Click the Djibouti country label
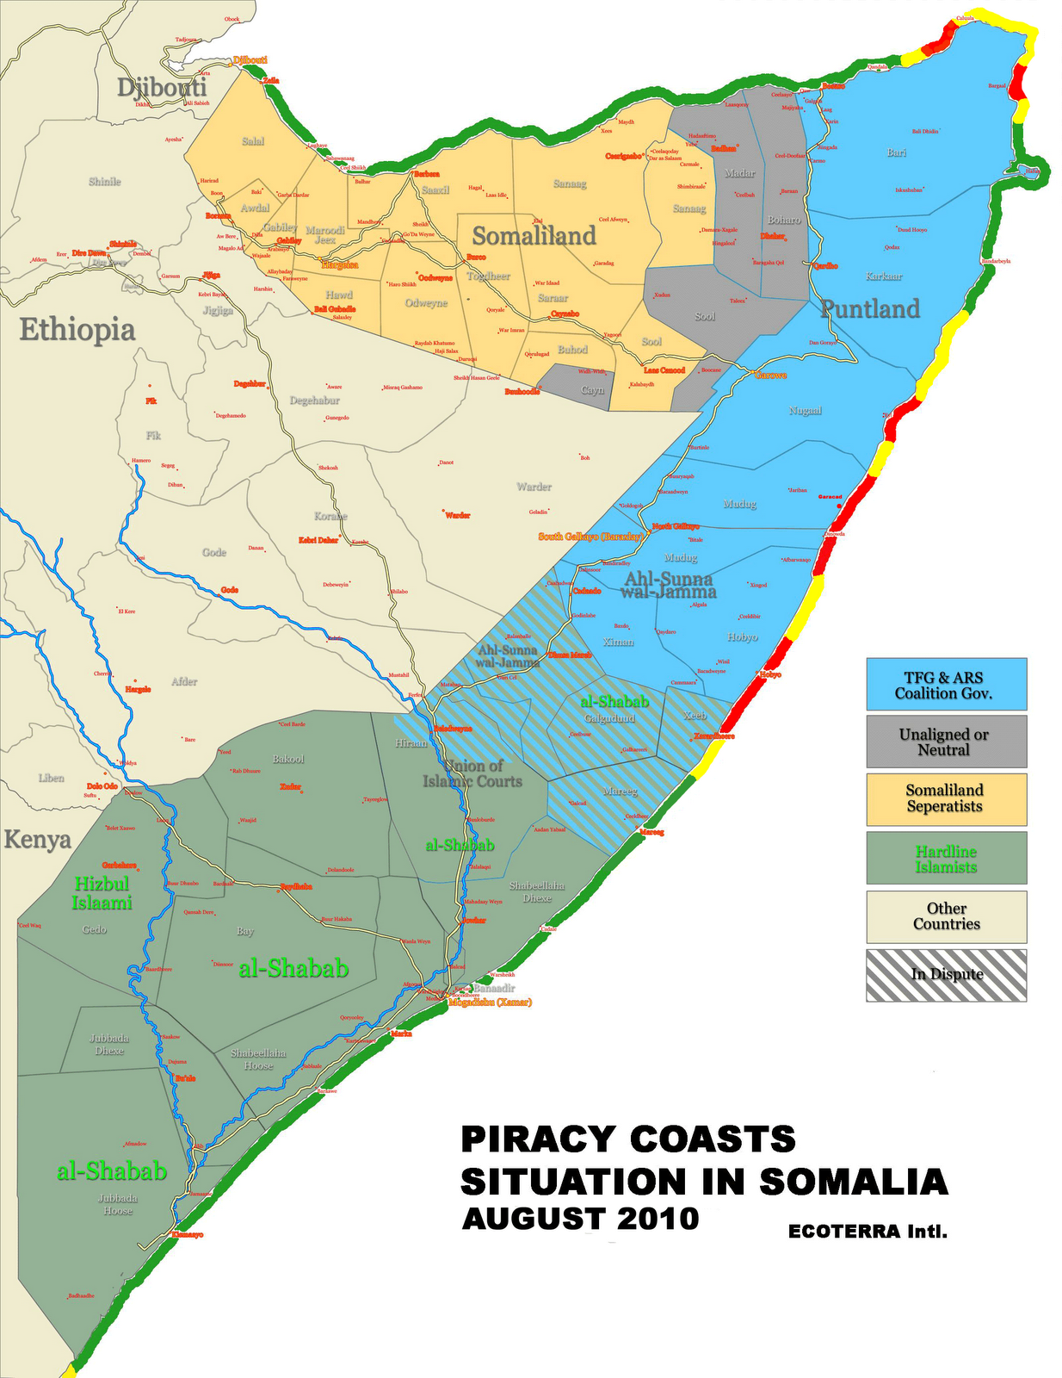162,88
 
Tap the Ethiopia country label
77,330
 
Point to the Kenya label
37,840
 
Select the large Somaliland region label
534,236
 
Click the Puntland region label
870,309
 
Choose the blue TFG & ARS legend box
946,685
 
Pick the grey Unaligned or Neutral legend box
946,742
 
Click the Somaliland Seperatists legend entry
946,798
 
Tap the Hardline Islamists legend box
946,858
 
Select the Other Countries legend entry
946,916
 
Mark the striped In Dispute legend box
946,975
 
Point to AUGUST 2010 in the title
580,1220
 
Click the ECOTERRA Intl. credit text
868,1232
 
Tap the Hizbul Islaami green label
102,892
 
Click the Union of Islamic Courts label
472,773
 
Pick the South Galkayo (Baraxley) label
590,536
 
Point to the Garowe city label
770,376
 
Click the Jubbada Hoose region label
118,1204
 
